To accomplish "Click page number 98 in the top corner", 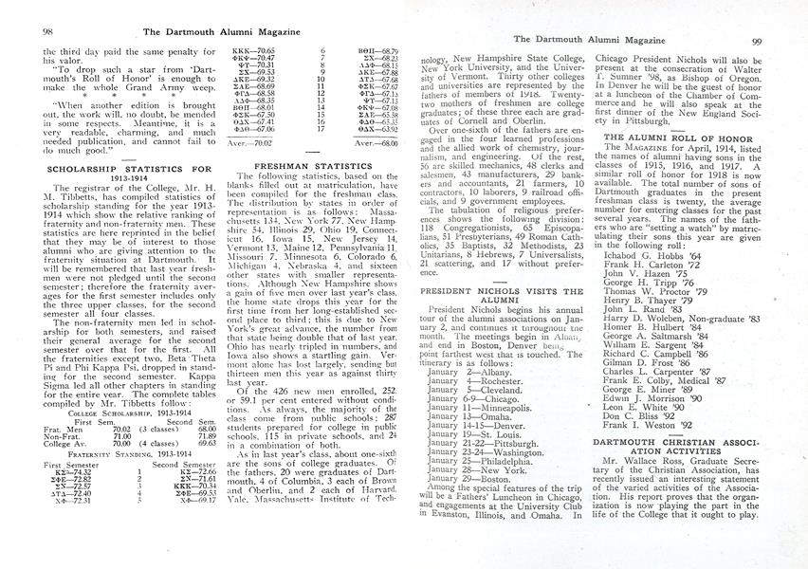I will point(21,31).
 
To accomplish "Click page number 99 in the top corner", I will point(782,41).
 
